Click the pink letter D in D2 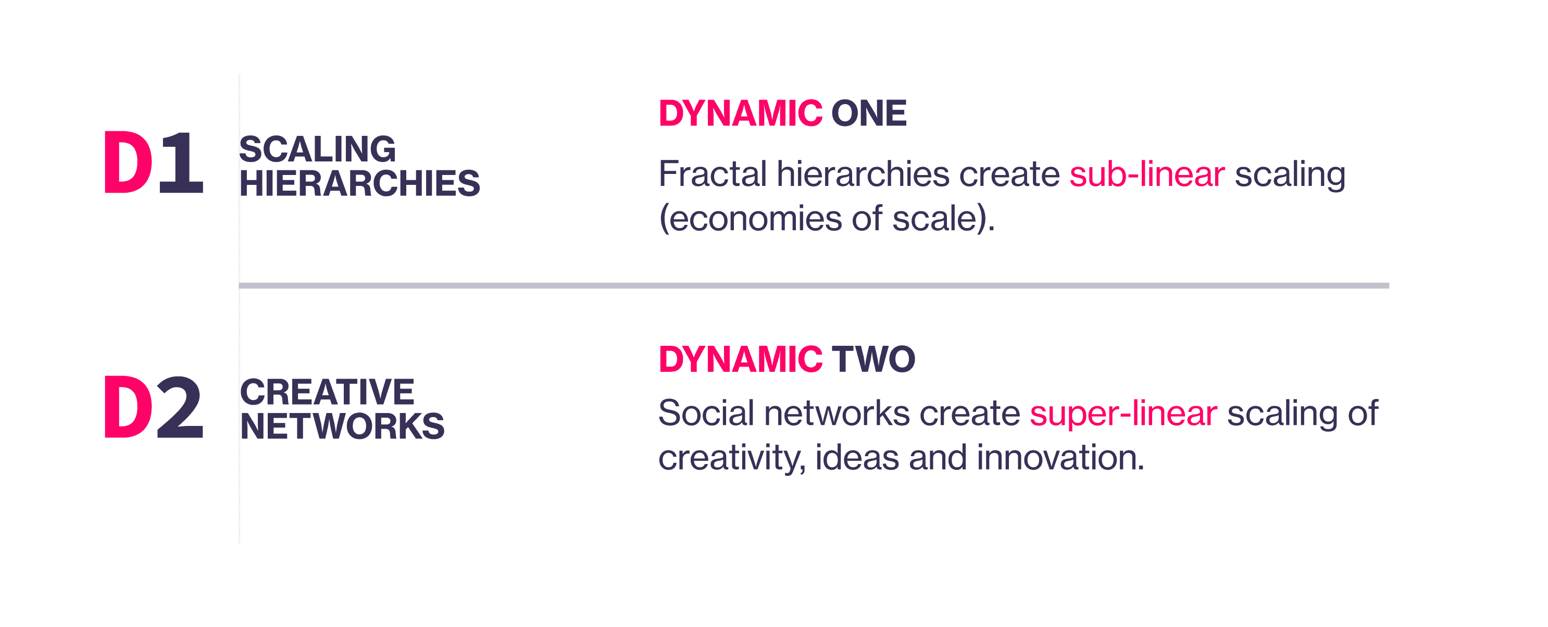click(x=128, y=407)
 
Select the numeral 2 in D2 click(x=180, y=407)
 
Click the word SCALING click(x=317, y=149)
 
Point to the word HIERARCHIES click(x=359, y=183)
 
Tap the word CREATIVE click(x=327, y=392)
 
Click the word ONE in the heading click(x=869, y=113)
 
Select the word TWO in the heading click(x=874, y=359)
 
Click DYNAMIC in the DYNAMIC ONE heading click(x=740, y=113)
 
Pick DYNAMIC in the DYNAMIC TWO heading click(x=740, y=359)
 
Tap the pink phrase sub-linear click(x=1146, y=174)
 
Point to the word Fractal click(x=713, y=174)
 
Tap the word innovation click(x=1060, y=458)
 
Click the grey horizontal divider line click(x=814, y=286)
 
